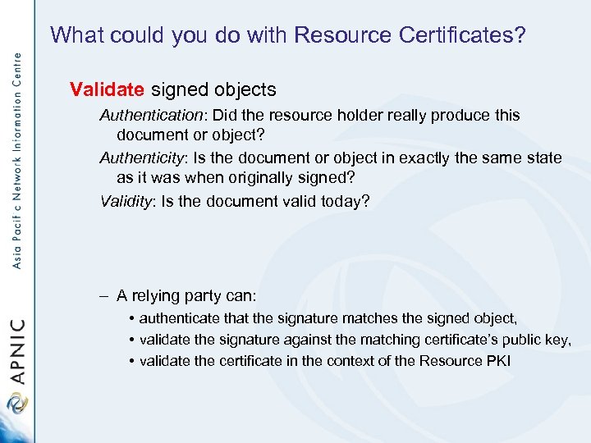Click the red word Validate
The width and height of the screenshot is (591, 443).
tap(108, 89)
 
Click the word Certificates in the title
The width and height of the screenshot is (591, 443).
tap(465, 35)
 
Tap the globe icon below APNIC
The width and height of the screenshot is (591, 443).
tap(16, 403)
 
